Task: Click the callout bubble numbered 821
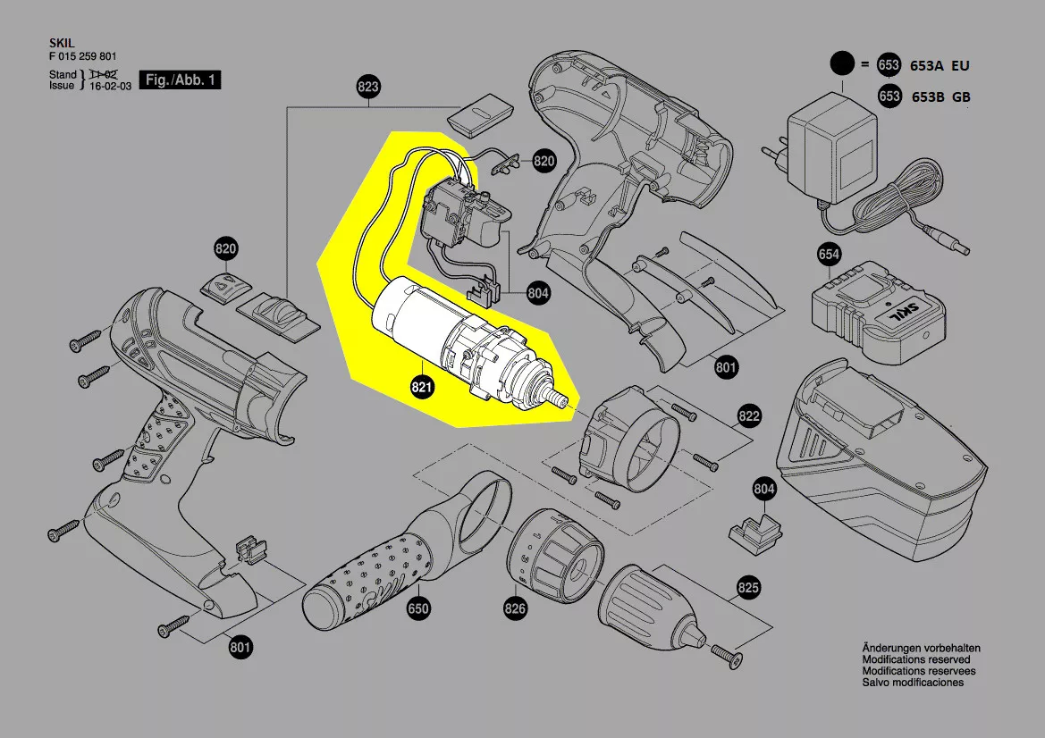tap(422, 388)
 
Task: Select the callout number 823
tap(367, 88)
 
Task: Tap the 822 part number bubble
tap(748, 416)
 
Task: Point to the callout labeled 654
tap(829, 255)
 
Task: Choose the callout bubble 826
tap(515, 609)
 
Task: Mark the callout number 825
tap(748, 587)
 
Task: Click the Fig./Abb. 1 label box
tap(181, 80)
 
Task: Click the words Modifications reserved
tap(917, 658)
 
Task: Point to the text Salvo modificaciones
tap(913, 682)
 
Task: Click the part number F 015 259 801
tap(82, 55)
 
